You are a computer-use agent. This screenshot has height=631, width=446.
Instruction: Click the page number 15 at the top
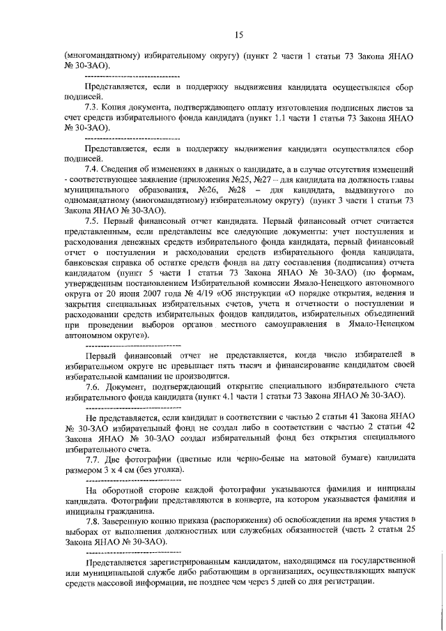point(238,34)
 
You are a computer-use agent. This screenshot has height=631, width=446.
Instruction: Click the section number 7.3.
point(92,109)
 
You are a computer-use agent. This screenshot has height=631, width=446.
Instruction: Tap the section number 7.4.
point(92,170)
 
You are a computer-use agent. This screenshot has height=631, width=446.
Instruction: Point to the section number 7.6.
point(92,386)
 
